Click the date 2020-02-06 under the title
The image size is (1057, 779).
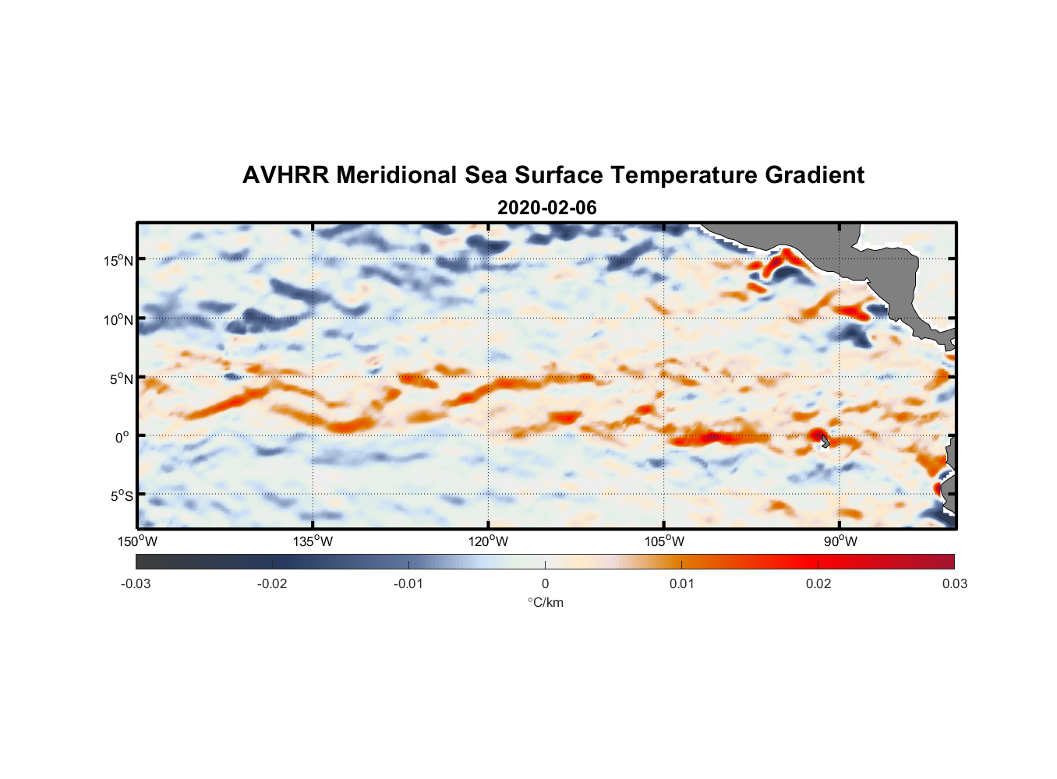(546, 208)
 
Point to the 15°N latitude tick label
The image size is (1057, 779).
(118, 260)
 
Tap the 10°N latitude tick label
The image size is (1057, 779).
(118, 319)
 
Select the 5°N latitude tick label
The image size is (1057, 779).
(121, 379)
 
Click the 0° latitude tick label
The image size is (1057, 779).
(122, 437)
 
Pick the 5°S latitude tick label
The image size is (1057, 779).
(121, 496)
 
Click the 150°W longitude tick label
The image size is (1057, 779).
(138, 541)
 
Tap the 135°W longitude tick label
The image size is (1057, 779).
(313, 541)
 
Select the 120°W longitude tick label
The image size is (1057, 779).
(489, 541)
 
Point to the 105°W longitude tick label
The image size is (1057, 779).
(664, 541)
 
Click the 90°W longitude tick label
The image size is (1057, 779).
(840, 541)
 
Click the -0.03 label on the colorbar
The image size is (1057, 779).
(136, 583)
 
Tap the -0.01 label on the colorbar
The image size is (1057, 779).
(408, 583)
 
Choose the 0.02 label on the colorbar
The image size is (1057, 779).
(818, 583)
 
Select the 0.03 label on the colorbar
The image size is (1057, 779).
(954, 583)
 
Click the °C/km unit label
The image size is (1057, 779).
(546, 602)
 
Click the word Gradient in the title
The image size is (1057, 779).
(815, 175)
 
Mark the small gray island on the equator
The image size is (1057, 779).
(825, 441)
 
